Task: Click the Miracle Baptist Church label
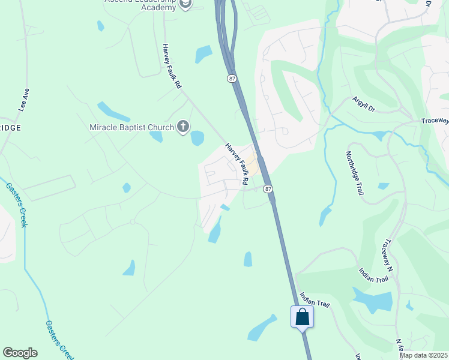tap(131, 127)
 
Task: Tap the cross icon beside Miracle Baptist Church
tap(183, 127)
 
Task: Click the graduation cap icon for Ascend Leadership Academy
tap(186, 4)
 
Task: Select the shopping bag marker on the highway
tap(302, 317)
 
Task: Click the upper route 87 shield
tap(232, 79)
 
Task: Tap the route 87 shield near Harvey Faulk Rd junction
tap(268, 188)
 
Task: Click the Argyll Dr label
tap(363, 104)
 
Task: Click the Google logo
tap(20, 353)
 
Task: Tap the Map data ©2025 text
tap(423, 355)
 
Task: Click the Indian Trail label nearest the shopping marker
tap(315, 300)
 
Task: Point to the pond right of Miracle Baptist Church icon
tap(197, 139)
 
